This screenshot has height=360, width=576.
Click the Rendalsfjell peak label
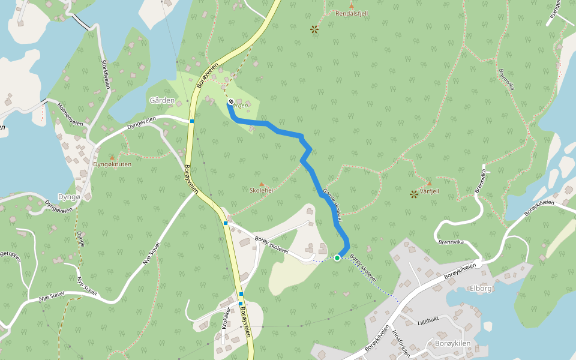tap(352, 13)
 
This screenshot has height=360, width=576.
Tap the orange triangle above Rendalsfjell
tap(352, 5)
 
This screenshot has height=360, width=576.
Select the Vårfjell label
tap(430, 191)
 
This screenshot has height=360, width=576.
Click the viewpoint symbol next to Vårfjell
tap(413, 194)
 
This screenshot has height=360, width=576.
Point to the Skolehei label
tap(262, 191)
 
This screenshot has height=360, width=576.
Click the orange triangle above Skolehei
tap(261, 184)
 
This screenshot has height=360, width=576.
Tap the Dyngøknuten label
tap(112, 164)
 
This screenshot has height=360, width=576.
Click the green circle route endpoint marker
tap(337, 258)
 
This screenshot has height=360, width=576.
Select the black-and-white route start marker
tap(230, 101)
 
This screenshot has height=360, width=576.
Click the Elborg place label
tap(481, 287)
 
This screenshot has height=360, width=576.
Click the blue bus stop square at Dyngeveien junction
tap(192, 121)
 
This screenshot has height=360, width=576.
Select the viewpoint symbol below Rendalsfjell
tap(314, 29)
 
